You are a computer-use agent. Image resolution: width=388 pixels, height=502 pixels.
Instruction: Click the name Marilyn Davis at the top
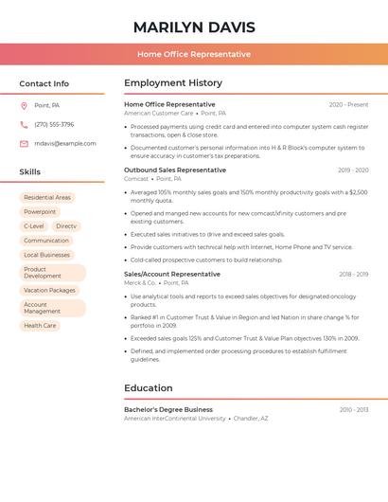[194, 27]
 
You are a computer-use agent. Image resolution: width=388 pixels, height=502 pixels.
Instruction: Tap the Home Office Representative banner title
[194, 54]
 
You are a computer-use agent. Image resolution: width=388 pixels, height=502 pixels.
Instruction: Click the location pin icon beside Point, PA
[24, 105]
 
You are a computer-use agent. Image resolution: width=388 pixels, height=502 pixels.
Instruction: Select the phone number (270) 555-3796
[54, 124]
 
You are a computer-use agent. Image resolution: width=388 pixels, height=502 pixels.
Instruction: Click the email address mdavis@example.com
[65, 143]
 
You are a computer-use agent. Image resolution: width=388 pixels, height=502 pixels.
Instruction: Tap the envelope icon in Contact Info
[24, 143]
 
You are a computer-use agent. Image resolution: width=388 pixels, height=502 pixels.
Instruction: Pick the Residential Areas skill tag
[47, 198]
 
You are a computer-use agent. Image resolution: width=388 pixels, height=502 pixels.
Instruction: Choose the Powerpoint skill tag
[40, 212]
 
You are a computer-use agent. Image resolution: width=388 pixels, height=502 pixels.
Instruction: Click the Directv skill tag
[66, 226]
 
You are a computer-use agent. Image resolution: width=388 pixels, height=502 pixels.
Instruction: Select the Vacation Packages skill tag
[49, 291]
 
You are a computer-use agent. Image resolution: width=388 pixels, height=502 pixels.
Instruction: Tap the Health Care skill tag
[40, 326]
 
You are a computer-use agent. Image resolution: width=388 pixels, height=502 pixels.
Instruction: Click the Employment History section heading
[173, 83]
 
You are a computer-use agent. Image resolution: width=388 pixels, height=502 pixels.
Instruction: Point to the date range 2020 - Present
[348, 104]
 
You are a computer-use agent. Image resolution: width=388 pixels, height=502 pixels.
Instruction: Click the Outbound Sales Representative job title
[175, 170]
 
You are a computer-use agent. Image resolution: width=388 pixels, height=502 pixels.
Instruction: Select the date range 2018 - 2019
[354, 275]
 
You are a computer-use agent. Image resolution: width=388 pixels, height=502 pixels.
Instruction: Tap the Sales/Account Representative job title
[172, 275]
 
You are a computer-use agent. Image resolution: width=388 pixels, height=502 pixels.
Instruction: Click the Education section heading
[149, 388]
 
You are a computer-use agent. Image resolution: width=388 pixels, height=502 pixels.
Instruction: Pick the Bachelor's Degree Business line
[168, 409]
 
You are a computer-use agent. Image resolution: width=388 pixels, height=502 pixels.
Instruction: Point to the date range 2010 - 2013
[354, 410]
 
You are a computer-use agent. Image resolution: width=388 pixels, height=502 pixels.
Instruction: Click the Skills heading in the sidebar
[30, 172]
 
